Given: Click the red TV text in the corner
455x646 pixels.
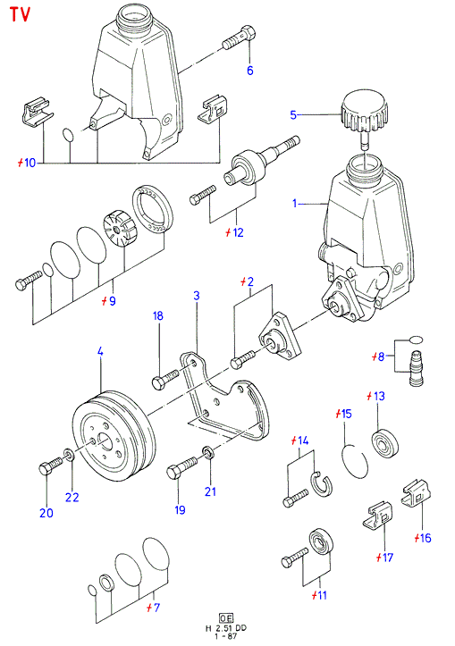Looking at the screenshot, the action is [x=21, y=13].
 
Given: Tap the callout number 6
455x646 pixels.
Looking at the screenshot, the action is [x=249, y=71].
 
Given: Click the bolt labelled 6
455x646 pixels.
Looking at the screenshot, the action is [x=239, y=37].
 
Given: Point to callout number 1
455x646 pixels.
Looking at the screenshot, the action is [x=295, y=203].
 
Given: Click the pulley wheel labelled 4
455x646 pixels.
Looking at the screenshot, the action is [x=114, y=436].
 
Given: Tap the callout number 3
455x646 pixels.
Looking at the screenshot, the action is [x=197, y=296].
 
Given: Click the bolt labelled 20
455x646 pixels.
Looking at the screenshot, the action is [x=51, y=466].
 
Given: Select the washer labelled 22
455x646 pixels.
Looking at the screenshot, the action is [x=69, y=455].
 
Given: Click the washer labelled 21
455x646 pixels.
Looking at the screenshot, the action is [x=207, y=453].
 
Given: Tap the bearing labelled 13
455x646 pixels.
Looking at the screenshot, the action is [x=386, y=442].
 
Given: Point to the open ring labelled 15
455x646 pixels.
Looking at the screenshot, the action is [x=355, y=461].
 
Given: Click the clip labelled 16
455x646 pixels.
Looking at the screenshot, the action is [x=417, y=493].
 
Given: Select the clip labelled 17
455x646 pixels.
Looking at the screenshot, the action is [x=377, y=515].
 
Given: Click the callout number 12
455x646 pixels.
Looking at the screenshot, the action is [x=238, y=232].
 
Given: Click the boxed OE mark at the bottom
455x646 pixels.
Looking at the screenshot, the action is [x=226, y=618].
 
